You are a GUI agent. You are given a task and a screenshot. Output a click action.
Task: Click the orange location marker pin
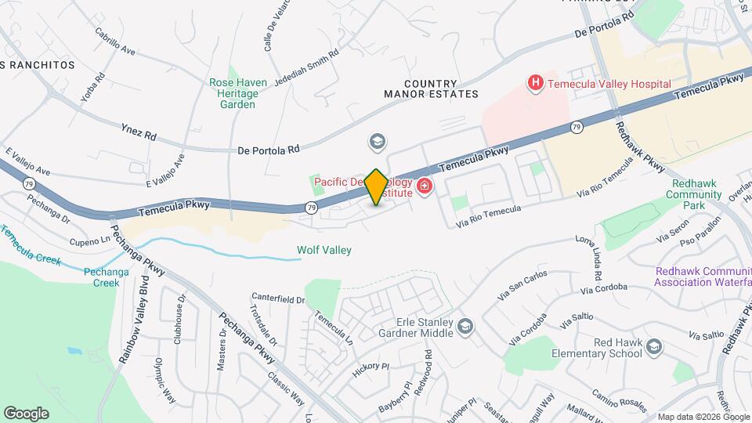(377, 186)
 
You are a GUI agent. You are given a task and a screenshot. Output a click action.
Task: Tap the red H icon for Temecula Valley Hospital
(536, 82)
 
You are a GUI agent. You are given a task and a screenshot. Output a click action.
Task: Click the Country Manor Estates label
(431, 89)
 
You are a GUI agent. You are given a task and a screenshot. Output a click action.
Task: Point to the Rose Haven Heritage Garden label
(238, 92)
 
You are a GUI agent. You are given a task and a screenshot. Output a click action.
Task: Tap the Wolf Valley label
(324, 251)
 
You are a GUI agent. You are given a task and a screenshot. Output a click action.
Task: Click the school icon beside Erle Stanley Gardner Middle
(465, 326)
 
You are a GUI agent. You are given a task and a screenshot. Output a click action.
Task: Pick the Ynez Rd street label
(139, 131)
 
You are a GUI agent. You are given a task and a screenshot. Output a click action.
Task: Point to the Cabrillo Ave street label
(115, 42)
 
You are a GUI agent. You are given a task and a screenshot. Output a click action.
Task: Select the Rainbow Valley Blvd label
(131, 318)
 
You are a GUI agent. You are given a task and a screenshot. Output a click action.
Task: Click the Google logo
(26, 413)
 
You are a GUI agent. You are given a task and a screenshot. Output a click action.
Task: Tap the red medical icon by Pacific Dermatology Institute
(425, 186)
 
